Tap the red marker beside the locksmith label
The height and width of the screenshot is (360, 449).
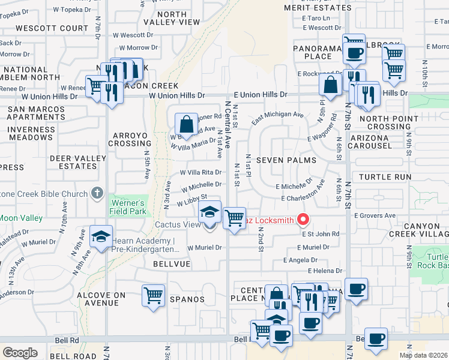[303, 220]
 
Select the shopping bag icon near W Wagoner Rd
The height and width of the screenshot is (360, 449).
[187, 125]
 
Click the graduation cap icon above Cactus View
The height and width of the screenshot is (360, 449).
[209, 212]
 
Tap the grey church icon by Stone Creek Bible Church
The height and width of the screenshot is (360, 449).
[97, 193]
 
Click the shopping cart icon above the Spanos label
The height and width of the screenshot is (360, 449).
[153, 295]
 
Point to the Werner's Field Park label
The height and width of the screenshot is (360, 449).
[127, 207]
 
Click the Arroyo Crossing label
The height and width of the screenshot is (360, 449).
[129, 139]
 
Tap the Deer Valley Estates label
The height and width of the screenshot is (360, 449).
[73, 162]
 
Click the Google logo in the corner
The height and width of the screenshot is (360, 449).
[19, 352]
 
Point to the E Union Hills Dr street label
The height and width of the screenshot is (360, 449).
[261, 95]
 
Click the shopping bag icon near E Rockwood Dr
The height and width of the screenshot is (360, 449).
[331, 85]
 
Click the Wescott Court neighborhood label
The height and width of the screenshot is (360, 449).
[52, 28]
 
